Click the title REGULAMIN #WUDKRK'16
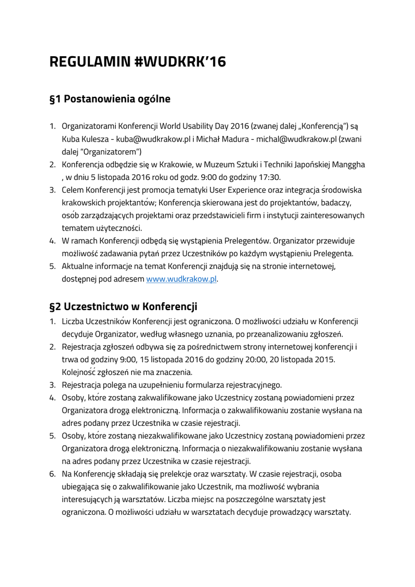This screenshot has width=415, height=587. click(x=138, y=62)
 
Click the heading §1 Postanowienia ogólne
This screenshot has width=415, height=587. click(x=110, y=99)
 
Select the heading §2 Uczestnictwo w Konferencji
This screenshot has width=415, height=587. click(x=123, y=306)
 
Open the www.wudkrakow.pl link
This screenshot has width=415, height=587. click(x=181, y=279)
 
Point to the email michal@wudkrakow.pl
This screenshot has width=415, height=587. click(x=296, y=139)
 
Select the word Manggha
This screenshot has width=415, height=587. click(x=346, y=165)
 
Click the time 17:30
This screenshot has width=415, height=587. click(x=268, y=177)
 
